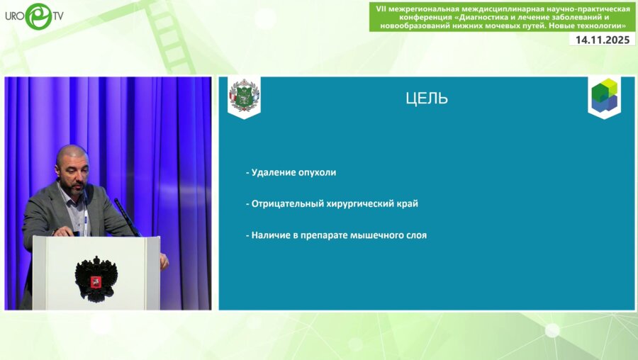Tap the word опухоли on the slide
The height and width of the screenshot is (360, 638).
pos(317,172)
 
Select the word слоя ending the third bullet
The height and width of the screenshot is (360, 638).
pos(416,235)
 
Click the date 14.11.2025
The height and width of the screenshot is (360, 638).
pos(602,40)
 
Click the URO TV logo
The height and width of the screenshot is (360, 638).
pos(33,16)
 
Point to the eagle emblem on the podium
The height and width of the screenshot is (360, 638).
pos(96,279)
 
